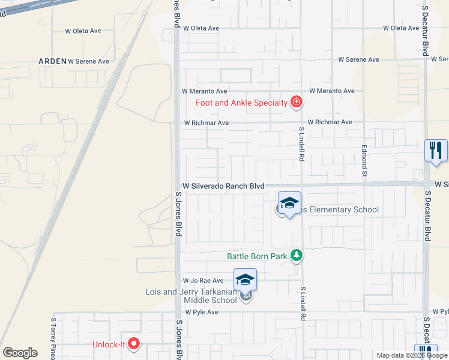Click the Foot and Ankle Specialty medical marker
[x=295, y=103]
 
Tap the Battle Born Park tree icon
[x=296, y=256]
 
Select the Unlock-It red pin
[x=134, y=344]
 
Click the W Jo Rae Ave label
[x=203, y=280]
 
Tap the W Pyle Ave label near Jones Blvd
[x=202, y=313]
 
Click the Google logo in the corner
[x=20, y=353]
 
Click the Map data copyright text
[x=411, y=355]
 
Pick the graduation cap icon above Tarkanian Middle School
[x=245, y=280]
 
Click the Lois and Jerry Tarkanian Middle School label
[x=191, y=296]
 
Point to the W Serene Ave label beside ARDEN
[x=88, y=61]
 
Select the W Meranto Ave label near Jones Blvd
[x=205, y=91]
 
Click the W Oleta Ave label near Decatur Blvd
[x=401, y=28]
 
